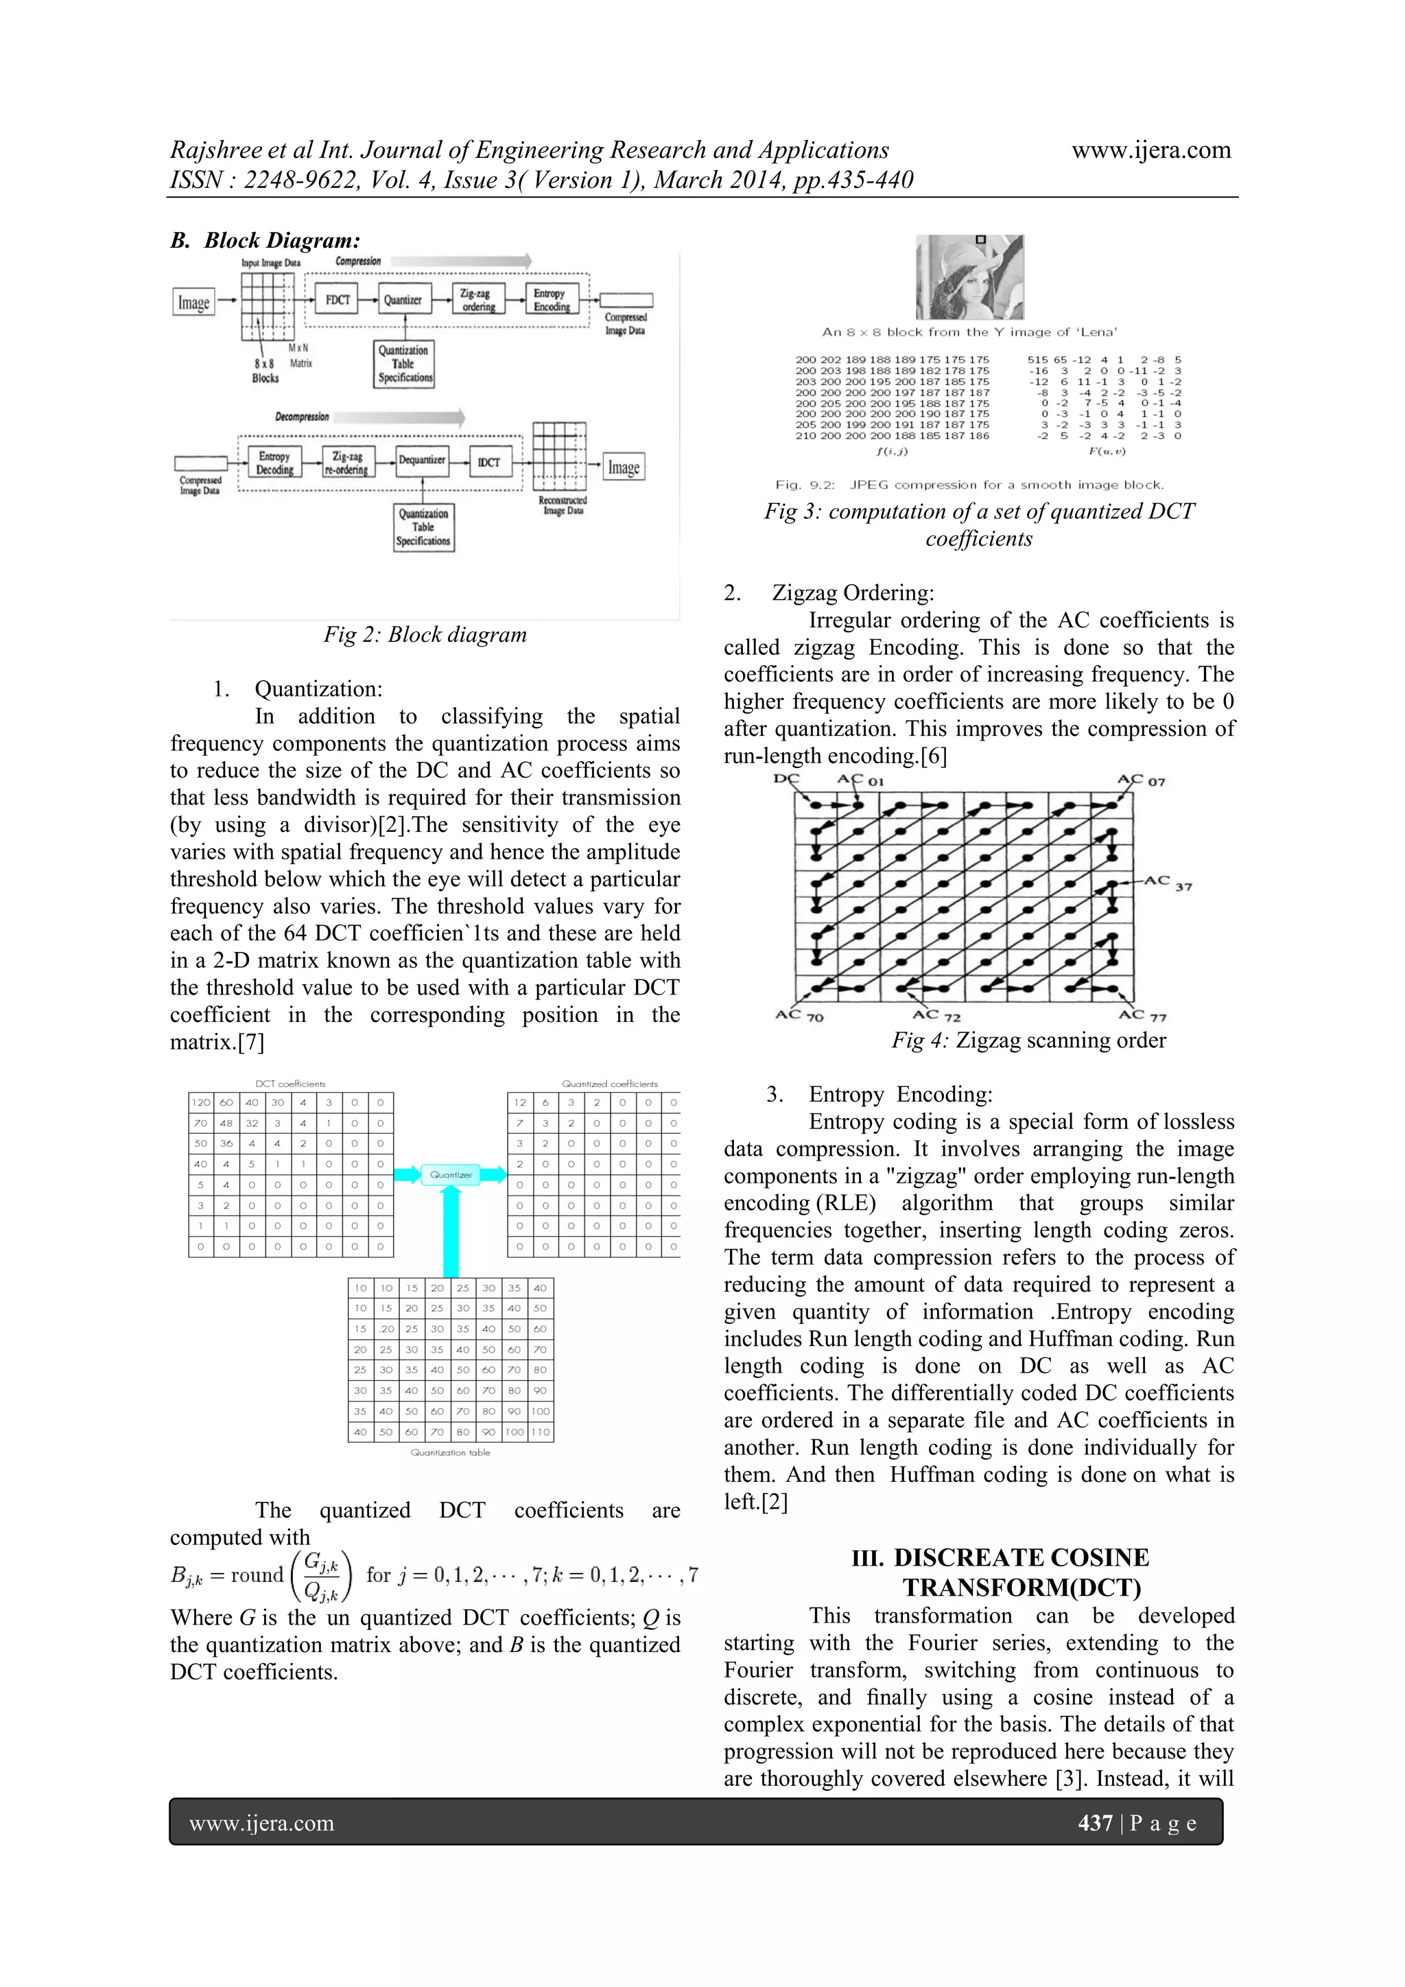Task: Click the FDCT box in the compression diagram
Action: point(338,299)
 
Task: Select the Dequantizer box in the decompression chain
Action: point(421,461)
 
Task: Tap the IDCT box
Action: point(489,462)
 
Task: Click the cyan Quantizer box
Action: point(451,1174)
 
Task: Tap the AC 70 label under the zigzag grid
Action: point(799,1015)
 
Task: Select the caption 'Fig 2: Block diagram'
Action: point(425,634)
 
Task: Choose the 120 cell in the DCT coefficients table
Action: point(201,1102)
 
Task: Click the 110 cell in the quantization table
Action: point(540,1432)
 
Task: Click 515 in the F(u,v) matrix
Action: point(1037,359)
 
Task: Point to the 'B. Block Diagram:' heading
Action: point(265,241)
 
